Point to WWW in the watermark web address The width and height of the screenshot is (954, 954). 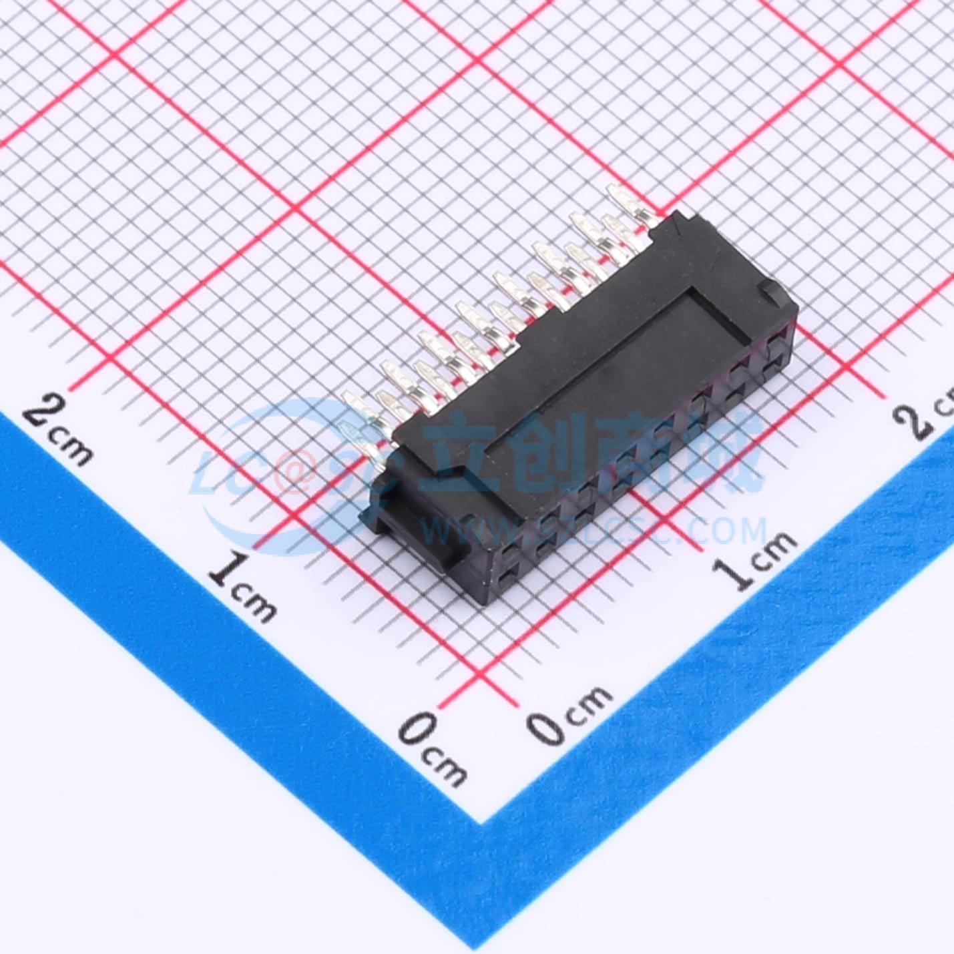coord(467,531)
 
